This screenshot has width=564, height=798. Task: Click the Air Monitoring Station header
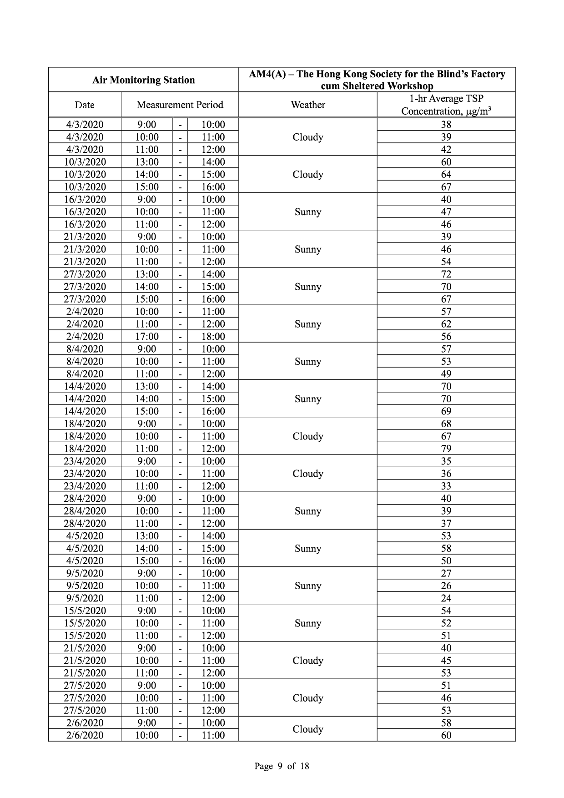pos(143,80)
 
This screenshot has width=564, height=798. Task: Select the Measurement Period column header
pos(180,105)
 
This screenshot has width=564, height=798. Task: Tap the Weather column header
pos(308,105)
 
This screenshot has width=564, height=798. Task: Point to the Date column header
pos(85,105)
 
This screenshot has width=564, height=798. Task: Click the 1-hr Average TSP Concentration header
pos(446,105)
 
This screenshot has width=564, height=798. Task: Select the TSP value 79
pos(446,449)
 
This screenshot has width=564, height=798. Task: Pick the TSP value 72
pos(446,274)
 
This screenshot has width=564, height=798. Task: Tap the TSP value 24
pos(446,598)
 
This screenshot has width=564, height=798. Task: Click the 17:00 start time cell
pos(147,336)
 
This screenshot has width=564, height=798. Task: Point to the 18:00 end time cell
pos(213,336)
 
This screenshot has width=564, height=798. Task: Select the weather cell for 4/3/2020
pos(308,137)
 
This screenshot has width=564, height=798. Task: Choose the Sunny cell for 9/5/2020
pos(308,586)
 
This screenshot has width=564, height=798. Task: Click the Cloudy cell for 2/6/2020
pos(308,729)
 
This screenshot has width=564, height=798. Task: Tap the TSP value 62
pos(446,324)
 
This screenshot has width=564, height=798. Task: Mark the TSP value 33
pos(446,486)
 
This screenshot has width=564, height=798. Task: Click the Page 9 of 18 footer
pos(282,766)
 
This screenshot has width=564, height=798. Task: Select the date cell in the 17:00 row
pos(85,336)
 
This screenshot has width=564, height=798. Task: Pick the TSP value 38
pos(446,125)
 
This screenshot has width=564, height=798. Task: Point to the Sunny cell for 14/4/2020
pos(308,399)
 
